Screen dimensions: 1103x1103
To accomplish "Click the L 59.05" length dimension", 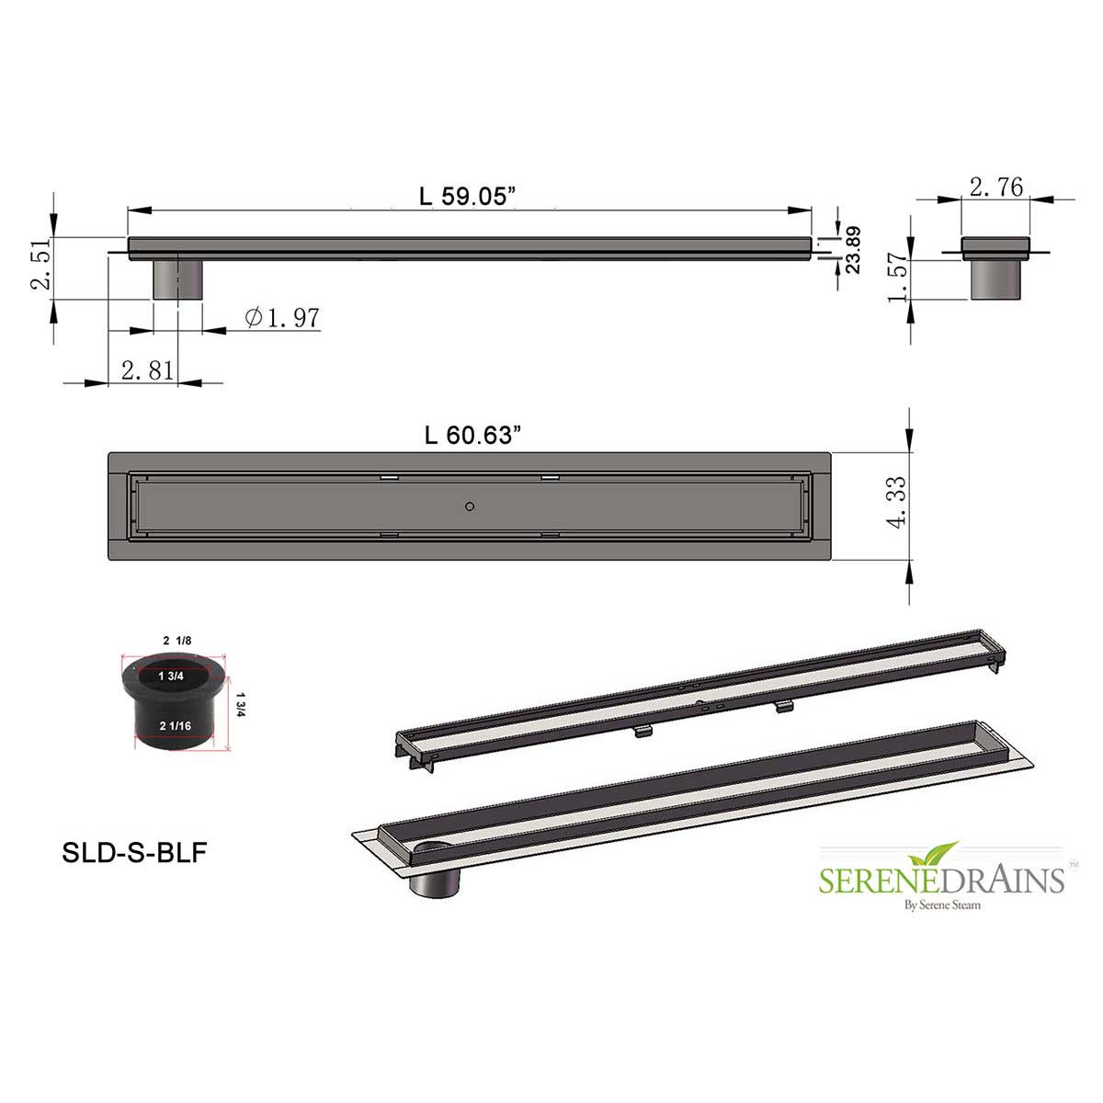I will (x=468, y=196).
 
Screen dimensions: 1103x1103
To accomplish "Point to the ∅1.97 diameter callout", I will (x=283, y=317).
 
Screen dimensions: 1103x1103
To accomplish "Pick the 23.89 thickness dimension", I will (x=852, y=250).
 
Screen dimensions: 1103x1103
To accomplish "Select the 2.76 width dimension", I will (x=996, y=187).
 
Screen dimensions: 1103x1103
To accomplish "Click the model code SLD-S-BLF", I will (x=134, y=853).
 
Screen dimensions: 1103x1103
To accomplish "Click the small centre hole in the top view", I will (x=470, y=506).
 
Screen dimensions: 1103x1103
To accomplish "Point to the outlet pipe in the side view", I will (x=176, y=279).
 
